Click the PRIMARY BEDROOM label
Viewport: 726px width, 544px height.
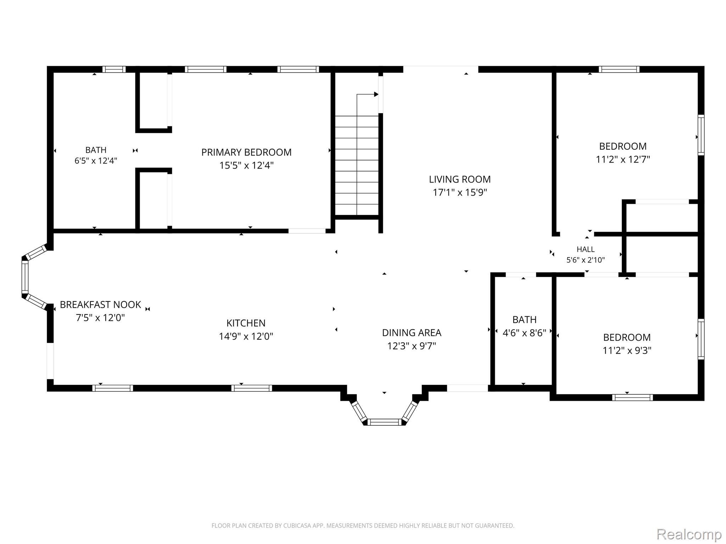[246, 152]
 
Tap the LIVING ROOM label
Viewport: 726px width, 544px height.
[460, 179]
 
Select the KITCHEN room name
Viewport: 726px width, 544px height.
[246, 323]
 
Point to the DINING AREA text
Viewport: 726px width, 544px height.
[412, 333]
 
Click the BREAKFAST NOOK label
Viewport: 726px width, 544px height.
[100, 305]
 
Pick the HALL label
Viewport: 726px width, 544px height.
[586, 249]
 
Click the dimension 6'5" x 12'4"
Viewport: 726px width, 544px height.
[96, 161]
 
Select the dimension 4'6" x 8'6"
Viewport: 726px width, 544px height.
[524, 333]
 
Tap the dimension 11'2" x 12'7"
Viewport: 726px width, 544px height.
[623, 159]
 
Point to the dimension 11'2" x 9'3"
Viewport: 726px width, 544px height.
[627, 351]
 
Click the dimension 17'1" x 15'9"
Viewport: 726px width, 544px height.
[460, 192]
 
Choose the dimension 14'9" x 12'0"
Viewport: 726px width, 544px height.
[246, 336]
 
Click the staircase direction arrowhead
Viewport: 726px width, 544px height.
[376, 95]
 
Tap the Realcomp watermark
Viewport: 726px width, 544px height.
[689, 534]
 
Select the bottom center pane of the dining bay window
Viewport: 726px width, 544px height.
[384, 422]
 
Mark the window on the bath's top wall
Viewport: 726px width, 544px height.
[114, 69]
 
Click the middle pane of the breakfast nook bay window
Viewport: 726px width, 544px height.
[25, 277]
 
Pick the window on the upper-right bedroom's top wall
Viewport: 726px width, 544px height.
[619, 69]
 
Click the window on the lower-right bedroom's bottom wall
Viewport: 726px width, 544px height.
[632, 397]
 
